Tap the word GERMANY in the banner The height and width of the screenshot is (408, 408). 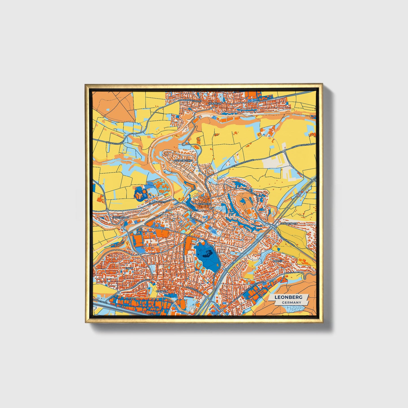[x=291, y=302]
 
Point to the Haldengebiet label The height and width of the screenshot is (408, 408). [x=183, y=160]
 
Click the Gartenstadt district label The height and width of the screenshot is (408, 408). [x=120, y=218]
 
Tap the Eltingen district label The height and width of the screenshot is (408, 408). [x=162, y=291]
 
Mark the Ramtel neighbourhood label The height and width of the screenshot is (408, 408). [x=278, y=261]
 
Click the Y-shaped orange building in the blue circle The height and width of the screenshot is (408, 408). [x=139, y=194]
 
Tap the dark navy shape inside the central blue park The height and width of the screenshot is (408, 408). [x=208, y=254]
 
